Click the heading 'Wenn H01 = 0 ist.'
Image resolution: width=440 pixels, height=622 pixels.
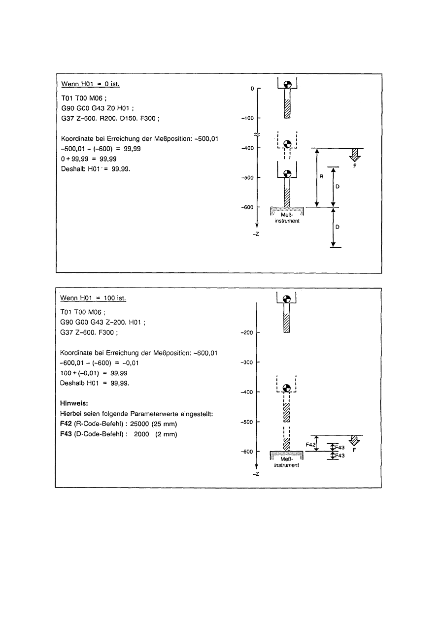(90, 84)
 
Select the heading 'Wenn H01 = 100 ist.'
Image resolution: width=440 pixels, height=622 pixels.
(93, 298)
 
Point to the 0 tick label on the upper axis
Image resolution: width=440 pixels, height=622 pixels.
(252, 89)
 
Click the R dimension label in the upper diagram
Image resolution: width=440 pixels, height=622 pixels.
(320, 177)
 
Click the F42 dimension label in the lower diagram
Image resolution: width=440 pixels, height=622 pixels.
(310, 445)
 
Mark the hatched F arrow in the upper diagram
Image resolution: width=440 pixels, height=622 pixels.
(354, 156)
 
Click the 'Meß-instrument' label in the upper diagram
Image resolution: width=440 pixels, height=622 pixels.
(287, 218)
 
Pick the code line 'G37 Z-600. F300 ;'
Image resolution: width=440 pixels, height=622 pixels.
(89, 332)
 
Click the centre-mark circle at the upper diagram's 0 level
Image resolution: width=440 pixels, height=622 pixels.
(287, 85)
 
